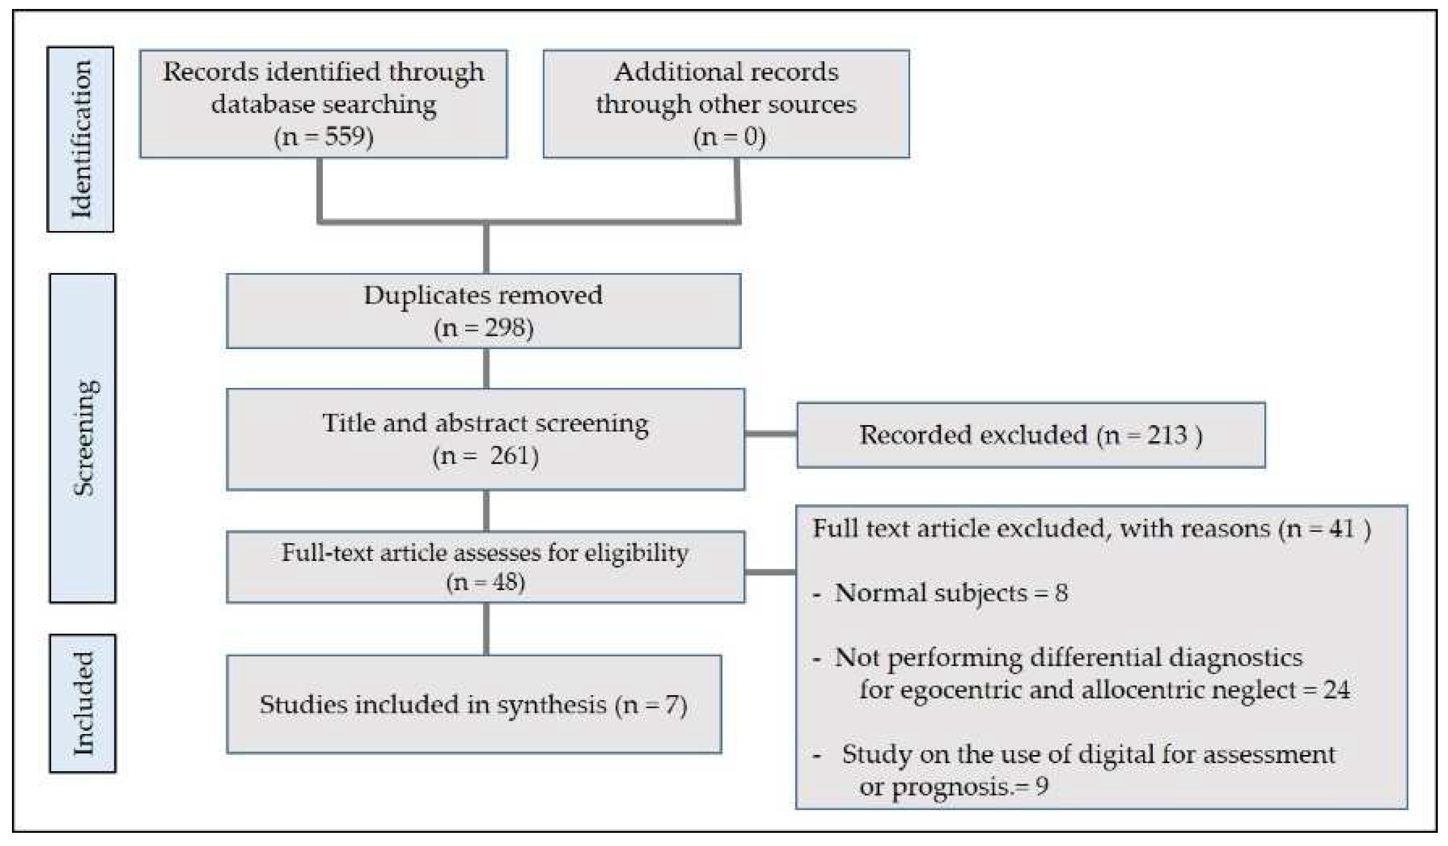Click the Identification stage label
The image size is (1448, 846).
(x=81, y=139)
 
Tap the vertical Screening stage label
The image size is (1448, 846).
(x=83, y=438)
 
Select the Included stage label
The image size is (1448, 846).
(x=83, y=703)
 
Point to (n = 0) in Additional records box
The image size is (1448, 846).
(x=729, y=137)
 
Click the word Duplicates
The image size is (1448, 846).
(x=426, y=295)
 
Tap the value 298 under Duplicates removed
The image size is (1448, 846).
(x=504, y=328)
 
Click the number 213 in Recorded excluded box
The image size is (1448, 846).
(x=1167, y=435)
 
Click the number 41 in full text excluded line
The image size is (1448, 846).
(x=1341, y=529)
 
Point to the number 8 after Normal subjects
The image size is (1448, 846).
(x=1061, y=593)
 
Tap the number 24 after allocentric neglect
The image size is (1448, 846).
(x=1336, y=690)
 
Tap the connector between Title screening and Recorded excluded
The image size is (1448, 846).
(x=771, y=434)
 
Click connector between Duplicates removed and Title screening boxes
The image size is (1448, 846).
(x=486, y=368)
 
